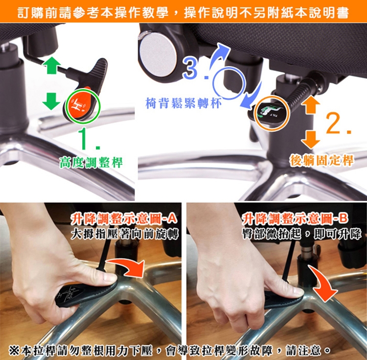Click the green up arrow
(x=52, y=65)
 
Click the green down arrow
(x=51, y=101)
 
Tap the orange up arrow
(x=311, y=105)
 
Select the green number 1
(x=87, y=139)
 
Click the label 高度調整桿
(x=91, y=163)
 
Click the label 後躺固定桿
(x=321, y=161)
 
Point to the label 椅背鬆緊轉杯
(x=183, y=103)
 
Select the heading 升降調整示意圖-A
(x=124, y=219)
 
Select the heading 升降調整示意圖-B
(x=296, y=219)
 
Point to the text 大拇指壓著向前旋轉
(x=125, y=234)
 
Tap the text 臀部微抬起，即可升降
(x=302, y=234)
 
